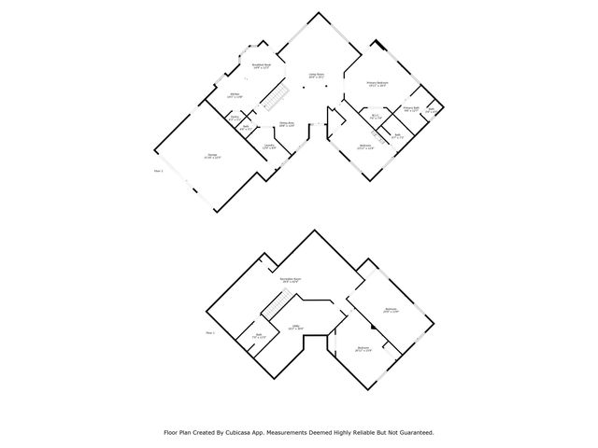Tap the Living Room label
317,77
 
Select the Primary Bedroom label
377,84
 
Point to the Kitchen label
236,94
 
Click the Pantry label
235,117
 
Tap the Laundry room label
268,146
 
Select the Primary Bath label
410,108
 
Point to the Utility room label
294,326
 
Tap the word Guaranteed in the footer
412,432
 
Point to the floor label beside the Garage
158,170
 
